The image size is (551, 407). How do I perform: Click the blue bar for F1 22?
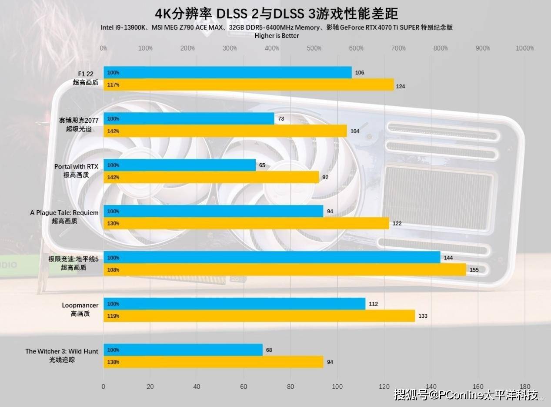point(227,72)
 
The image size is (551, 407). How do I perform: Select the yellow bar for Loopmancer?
point(259,316)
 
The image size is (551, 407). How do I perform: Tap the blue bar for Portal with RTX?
point(180,165)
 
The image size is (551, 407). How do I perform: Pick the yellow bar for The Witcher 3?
point(213,362)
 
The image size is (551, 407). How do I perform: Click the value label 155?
point(474,270)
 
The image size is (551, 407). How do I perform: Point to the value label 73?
point(281,119)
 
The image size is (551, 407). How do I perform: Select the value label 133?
point(423,316)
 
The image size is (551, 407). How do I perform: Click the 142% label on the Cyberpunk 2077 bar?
point(113,131)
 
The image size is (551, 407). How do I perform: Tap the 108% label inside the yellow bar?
point(113,270)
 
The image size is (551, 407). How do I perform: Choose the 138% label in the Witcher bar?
point(113,362)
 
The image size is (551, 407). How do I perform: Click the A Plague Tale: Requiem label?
point(64,213)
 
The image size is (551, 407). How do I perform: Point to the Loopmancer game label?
point(80,306)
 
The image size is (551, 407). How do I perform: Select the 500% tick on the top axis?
point(314,48)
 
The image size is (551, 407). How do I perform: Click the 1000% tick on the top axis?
point(524,48)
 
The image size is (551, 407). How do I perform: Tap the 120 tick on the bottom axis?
point(384,387)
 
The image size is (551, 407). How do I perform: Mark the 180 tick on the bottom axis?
point(524,387)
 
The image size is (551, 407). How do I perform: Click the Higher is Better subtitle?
point(277,36)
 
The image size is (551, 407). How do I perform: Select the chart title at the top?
point(276,13)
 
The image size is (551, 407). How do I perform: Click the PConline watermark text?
point(465,394)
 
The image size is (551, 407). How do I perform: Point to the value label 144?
point(448,258)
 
